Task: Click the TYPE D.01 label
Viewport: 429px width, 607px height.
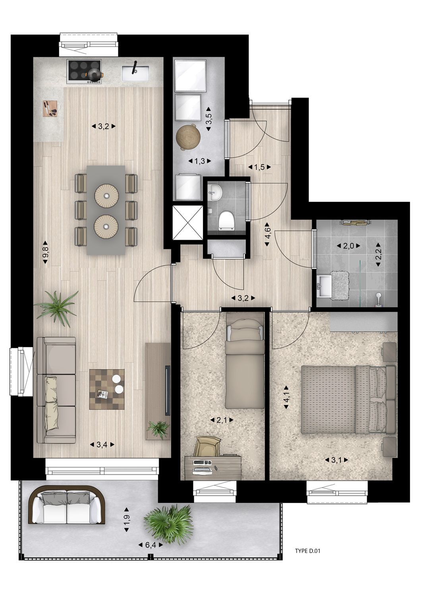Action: tap(307, 551)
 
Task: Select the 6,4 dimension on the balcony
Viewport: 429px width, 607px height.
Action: tap(151, 545)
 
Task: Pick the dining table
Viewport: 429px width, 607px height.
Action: tap(106, 209)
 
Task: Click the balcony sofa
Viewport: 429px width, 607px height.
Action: tap(67, 505)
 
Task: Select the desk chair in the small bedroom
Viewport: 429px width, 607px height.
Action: tap(207, 446)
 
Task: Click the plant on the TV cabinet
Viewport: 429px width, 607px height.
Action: tap(158, 429)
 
